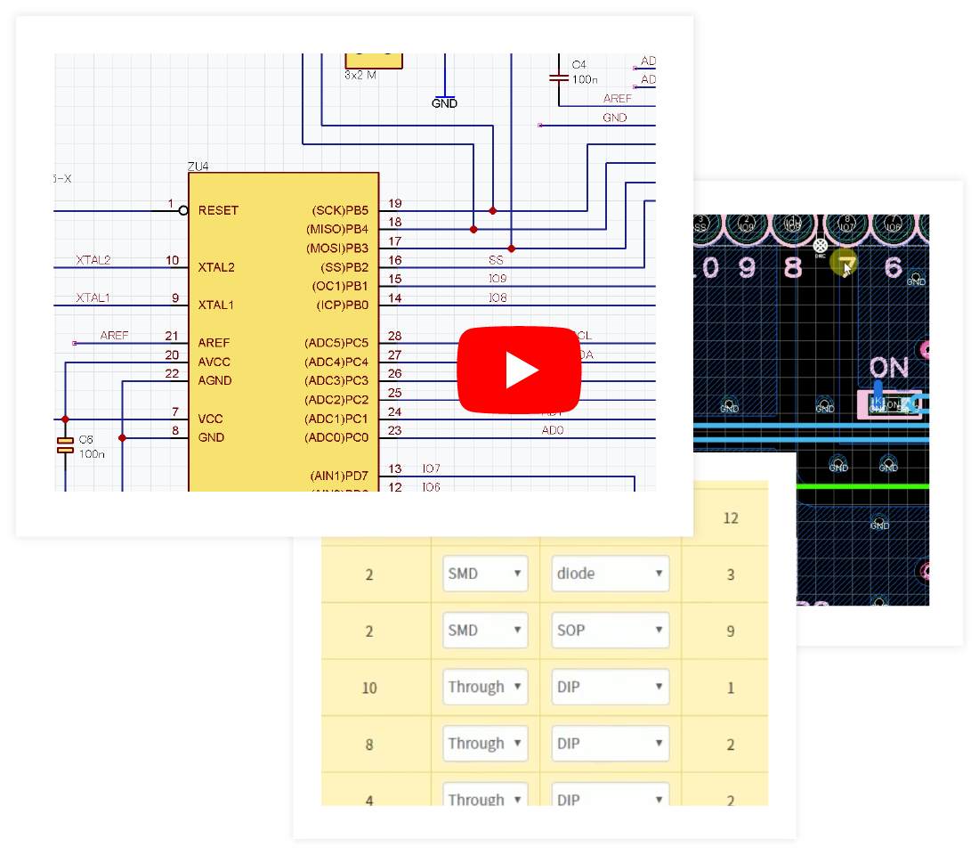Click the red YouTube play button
519,370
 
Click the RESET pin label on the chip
218,210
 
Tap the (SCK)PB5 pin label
339,210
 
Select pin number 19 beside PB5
394,203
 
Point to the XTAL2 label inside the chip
216,267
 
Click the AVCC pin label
214,362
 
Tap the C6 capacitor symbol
65,445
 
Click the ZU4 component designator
198,167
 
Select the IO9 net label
498,279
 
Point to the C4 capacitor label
578,65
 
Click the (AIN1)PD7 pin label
339,476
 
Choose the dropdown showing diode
610,574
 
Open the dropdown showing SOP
610,631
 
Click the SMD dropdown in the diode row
484,574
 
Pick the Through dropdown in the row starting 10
484,688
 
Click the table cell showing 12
731,517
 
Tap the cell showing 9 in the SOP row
731,631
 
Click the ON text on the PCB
888,367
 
